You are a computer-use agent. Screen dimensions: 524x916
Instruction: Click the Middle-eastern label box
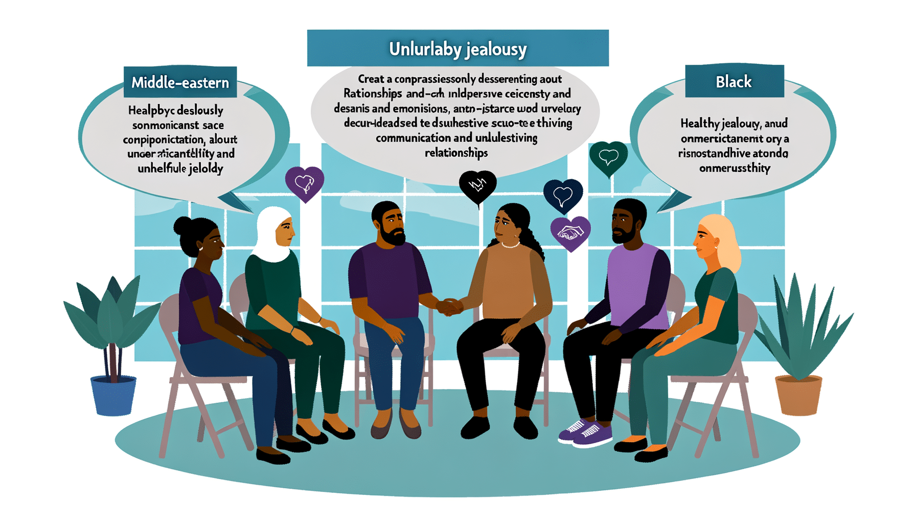click(x=180, y=82)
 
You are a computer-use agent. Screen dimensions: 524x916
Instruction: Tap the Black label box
click(x=734, y=81)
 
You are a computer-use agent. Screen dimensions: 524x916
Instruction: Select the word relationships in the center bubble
click(x=456, y=152)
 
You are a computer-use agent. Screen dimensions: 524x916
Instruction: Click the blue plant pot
click(x=113, y=395)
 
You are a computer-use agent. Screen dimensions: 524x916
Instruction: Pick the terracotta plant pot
click(x=798, y=394)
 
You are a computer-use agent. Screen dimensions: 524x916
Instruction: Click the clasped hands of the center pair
click(x=449, y=307)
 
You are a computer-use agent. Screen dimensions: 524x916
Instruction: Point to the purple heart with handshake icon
click(x=570, y=233)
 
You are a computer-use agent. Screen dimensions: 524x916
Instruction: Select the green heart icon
click(x=608, y=157)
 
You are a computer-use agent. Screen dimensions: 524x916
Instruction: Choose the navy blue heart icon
click(x=563, y=195)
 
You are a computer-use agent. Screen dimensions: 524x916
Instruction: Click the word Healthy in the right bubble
click(x=700, y=123)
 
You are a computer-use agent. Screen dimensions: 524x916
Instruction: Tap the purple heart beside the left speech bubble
click(x=305, y=183)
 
